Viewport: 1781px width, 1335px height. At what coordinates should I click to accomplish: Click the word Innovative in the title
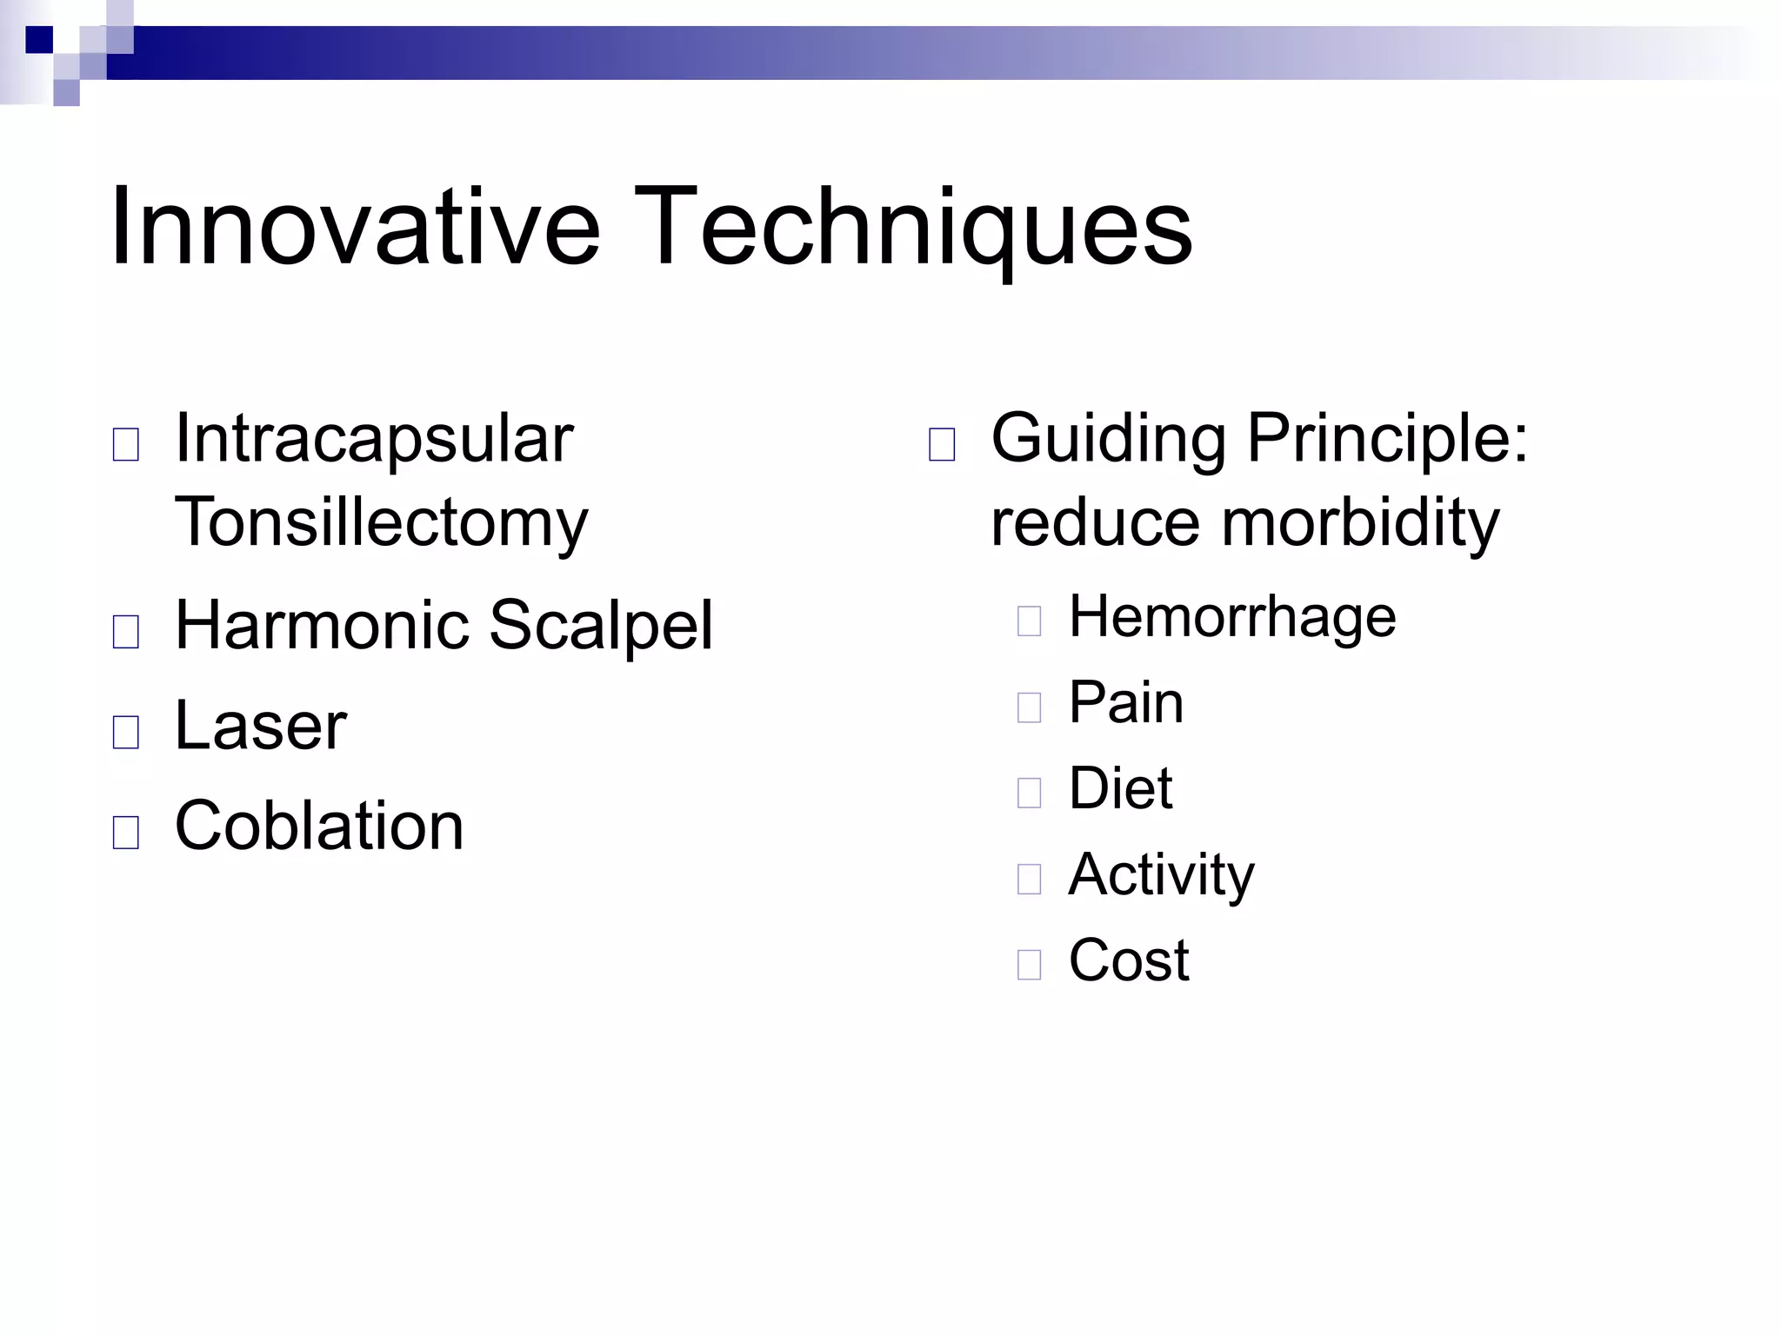coord(355,228)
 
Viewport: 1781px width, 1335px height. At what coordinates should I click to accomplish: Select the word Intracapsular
coord(374,438)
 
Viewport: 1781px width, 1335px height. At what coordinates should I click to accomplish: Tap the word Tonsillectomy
coord(381,521)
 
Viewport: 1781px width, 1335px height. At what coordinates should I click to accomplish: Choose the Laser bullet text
coord(260,725)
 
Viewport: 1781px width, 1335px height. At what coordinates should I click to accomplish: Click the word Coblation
coord(319,825)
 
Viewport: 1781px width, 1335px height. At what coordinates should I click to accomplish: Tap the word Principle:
coord(1387,438)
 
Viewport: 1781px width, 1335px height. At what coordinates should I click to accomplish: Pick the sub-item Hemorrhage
coord(1231,616)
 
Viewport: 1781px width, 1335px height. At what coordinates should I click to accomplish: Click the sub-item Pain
coord(1125,702)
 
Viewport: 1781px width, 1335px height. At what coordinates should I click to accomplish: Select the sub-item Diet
coord(1120,788)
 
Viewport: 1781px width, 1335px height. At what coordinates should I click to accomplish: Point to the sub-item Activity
coord(1161,874)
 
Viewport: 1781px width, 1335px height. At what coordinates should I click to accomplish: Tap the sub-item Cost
coord(1128,960)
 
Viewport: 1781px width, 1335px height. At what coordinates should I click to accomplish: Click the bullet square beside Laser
coord(126,733)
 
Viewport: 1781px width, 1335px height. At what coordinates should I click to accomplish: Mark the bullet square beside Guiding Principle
coord(942,445)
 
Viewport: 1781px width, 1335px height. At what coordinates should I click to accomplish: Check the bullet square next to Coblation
coord(126,833)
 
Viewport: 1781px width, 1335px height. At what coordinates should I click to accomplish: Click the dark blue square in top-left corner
coord(39,40)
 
